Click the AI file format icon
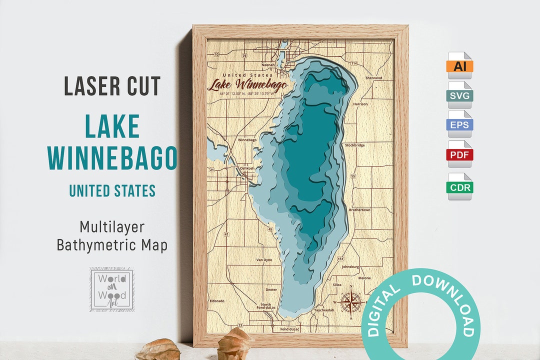pyautogui.click(x=459, y=65)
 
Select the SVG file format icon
pyautogui.click(x=459, y=95)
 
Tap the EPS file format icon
pyautogui.click(x=459, y=124)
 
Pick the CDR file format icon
pyautogui.click(x=459, y=187)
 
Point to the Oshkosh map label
pyautogui.click(x=247, y=168)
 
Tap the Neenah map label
pyautogui.click(x=268, y=64)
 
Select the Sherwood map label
pyautogui.click(x=373, y=78)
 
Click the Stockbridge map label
pyautogui.click(x=354, y=145)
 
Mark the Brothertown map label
pyautogui.click(x=359, y=210)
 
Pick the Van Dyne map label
pyautogui.click(x=264, y=260)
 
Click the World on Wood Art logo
pyautogui.click(x=111, y=289)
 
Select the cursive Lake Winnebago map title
pyautogui.click(x=247, y=84)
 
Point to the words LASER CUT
pyautogui.click(x=112, y=86)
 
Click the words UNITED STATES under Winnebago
pyautogui.click(x=112, y=190)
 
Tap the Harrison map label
pyautogui.click(x=360, y=104)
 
